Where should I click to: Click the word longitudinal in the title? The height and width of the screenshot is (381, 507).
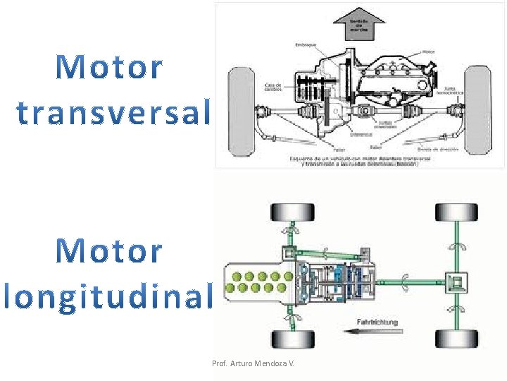pos(107,296)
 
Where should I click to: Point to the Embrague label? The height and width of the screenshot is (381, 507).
pos(306,46)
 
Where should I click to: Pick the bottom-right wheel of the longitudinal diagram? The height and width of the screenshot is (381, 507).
pos(456,339)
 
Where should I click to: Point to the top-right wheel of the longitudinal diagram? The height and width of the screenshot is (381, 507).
pos(456,212)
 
